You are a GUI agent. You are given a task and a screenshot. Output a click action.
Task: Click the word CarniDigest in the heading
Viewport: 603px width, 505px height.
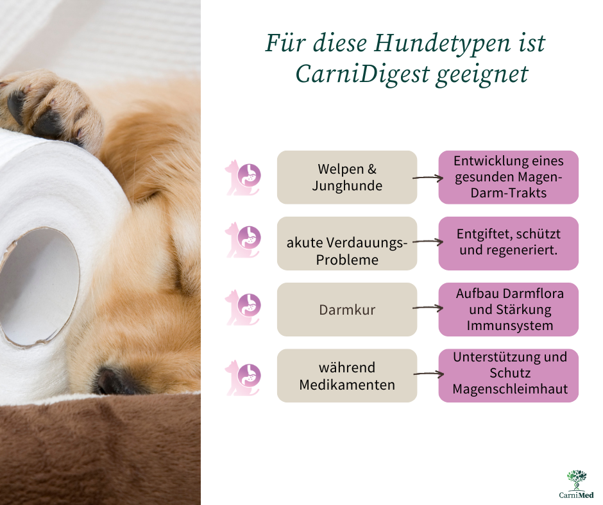[x=362, y=74]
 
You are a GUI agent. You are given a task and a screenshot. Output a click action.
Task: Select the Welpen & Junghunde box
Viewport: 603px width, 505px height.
[x=347, y=177]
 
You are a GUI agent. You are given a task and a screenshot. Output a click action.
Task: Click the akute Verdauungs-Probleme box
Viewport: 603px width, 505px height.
[x=347, y=244]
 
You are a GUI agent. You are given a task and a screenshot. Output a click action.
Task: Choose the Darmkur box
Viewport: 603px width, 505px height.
[x=347, y=310]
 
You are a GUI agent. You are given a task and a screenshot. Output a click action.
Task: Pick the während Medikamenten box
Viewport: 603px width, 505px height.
[x=347, y=376]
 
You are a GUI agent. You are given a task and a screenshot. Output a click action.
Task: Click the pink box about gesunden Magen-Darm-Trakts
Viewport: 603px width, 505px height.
[x=509, y=177]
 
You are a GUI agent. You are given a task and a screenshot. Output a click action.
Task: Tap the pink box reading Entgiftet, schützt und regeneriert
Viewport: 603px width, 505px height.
[x=509, y=244]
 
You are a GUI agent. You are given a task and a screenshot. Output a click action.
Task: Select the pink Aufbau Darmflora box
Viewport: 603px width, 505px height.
[x=509, y=310]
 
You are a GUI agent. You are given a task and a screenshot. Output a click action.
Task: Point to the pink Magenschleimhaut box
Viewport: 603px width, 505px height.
[x=509, y=376]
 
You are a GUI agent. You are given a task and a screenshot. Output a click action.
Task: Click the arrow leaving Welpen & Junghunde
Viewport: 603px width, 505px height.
[x=428, y=178]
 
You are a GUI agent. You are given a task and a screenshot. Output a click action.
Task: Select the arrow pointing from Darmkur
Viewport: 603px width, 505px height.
[x=428, y=308]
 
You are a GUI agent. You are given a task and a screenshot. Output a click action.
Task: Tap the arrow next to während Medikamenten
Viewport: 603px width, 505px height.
[x=429, y=374]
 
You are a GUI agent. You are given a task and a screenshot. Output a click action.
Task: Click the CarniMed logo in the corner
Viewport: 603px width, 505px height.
[x=577, y=484]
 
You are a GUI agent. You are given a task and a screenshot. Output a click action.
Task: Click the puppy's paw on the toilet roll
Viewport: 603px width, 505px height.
[x=50, y=106]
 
